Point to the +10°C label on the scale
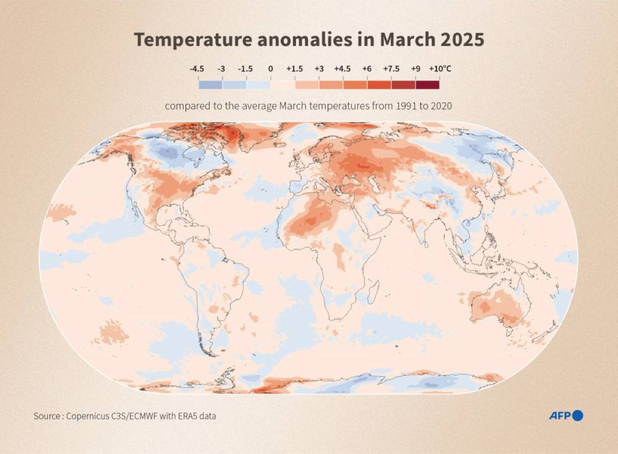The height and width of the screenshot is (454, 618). (440, 69)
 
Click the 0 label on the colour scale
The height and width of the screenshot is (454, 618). (270, 69)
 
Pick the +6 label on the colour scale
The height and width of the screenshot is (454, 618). (367, 69)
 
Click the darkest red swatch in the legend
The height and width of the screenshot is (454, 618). (427, 85)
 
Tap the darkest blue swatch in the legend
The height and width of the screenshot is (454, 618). (210, 85)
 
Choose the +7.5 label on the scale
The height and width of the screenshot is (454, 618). (391, 69)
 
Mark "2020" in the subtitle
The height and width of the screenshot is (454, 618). (441, 106)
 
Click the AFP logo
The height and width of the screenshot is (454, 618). (565, 415)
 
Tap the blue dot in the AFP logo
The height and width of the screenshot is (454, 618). (577, 415)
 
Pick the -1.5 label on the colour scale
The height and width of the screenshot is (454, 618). (246, 69)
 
